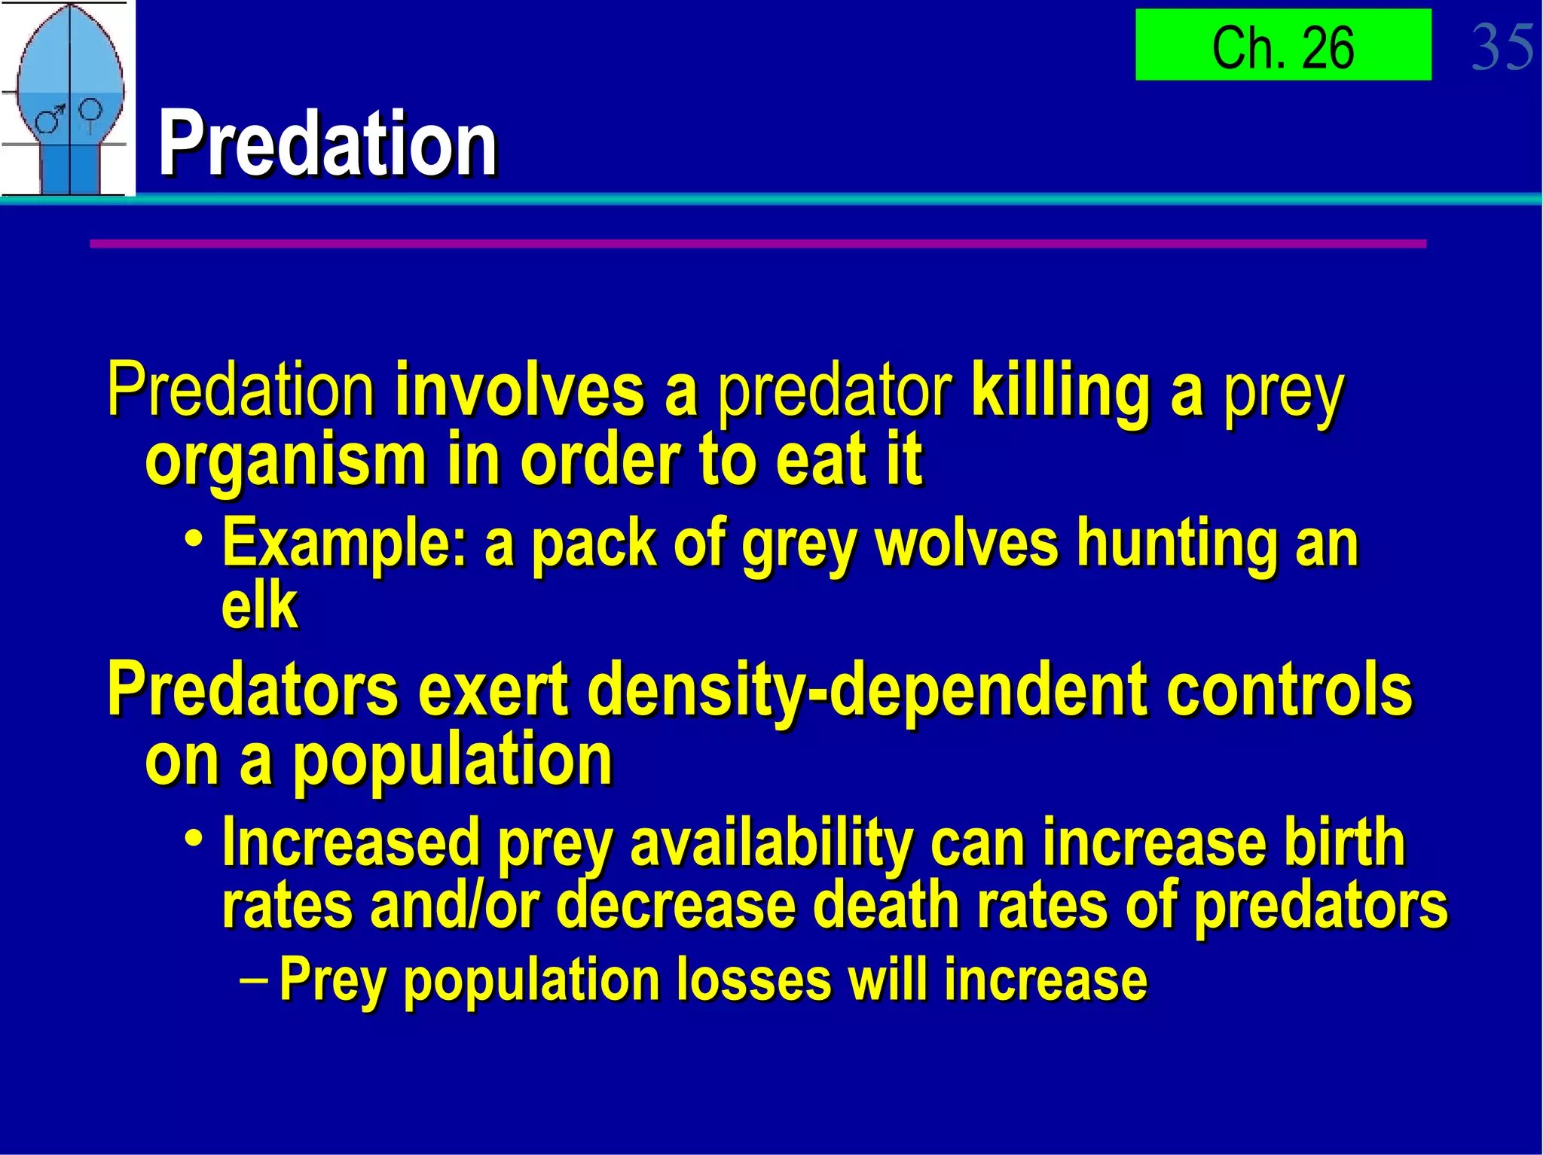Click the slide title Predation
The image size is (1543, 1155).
[328, 143]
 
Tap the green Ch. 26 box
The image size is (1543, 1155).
[1282, 45]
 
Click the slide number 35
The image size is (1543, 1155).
[1502, 47]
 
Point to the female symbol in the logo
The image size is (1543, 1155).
[90, 113]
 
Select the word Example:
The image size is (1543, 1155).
[344, 544]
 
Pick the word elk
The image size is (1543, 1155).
[259, 606]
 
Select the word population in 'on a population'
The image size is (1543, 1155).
[453, 762]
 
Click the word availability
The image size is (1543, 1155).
[771, 843]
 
